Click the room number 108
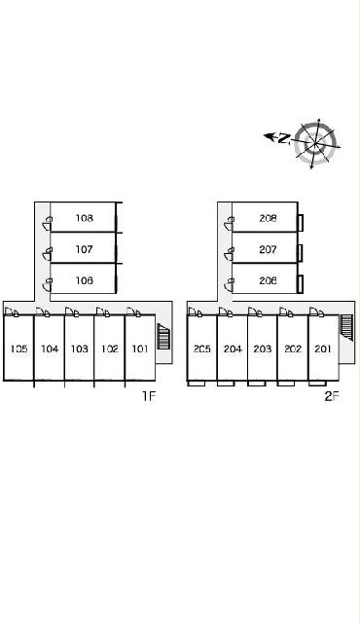(84, 218)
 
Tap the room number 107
(84, 249)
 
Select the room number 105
(19, 348)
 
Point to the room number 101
(140, 348)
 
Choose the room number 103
(80, 348)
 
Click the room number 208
(268, 218)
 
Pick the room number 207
(268, 249)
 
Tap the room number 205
(202, 348)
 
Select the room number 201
(323, 348)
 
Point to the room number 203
(263, 348)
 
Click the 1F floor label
(149, 396)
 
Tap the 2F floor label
(332, 396)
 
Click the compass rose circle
(316, 144)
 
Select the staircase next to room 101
(163, 337)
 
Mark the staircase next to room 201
(345, 327)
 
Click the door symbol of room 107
(48, 253)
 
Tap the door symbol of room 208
(229, 223)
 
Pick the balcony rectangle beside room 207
(301, 253)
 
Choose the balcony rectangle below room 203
(256, 384)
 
